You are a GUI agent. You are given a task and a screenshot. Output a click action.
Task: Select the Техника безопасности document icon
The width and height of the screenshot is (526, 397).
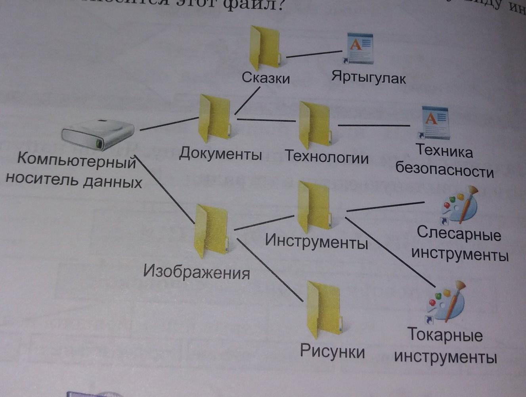coord(435,123)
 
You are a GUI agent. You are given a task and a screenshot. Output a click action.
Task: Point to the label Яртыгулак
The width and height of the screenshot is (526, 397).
coord(369,77)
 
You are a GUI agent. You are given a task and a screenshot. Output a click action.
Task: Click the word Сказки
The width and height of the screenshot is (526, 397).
coord(266,78)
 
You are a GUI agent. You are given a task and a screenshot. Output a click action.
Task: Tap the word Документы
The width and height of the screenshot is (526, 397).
coord(220,153)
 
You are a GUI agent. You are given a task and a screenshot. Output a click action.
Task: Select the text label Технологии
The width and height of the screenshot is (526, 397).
coord(327,157)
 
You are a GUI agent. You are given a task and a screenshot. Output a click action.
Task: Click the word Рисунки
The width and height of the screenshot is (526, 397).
coord(332,351)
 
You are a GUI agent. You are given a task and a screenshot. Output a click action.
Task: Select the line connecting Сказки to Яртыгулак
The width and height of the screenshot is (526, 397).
coord(314,54)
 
